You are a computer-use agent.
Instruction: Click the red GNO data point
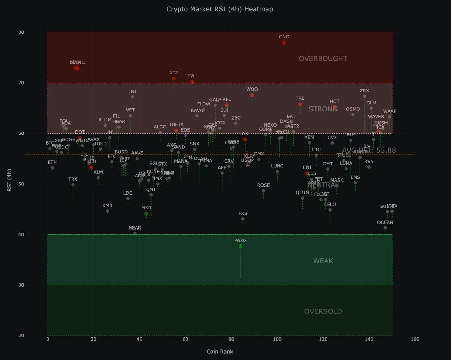(x=284, y=43)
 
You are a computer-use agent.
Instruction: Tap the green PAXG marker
(x=240, y=246)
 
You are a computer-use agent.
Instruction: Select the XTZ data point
(x=174, y=79)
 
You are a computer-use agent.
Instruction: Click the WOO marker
(x=252, y=95)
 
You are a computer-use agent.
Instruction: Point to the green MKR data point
(x=146, y=214)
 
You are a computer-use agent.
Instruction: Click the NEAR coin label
(x=135, y=228)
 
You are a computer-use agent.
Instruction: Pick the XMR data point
(x=107, y=211)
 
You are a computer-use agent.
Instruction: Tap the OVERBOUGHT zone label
(x=323, y=59)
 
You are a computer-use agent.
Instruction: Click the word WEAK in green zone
(x=323, y=261)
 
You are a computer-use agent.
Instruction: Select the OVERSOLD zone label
(x=323, y=311)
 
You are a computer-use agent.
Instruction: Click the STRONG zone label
(x=323, y=109)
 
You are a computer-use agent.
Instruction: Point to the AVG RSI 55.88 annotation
(x=369, y=150)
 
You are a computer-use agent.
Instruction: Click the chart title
(x=220, y=9)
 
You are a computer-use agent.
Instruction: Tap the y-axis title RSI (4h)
(x=10, y=180)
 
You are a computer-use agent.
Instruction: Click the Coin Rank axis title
(x=220, y=352)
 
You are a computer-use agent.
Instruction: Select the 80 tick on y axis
(x=21, y=32)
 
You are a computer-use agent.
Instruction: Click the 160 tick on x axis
(x=415, y=339)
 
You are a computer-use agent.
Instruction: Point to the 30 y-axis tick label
(x=21, y=285)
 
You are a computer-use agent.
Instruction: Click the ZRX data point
(x=364, y=96)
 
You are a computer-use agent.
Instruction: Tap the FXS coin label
(x=242, y=213)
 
